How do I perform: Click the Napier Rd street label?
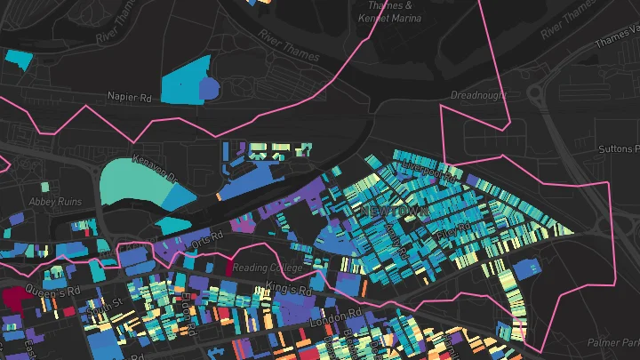coord(131,95)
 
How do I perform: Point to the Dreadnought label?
coord(478,94)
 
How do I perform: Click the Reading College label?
coord(276,268)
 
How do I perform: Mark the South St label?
coord(110,307)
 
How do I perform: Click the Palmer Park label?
coord(619,342)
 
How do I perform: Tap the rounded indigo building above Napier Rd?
coord(208,88)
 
